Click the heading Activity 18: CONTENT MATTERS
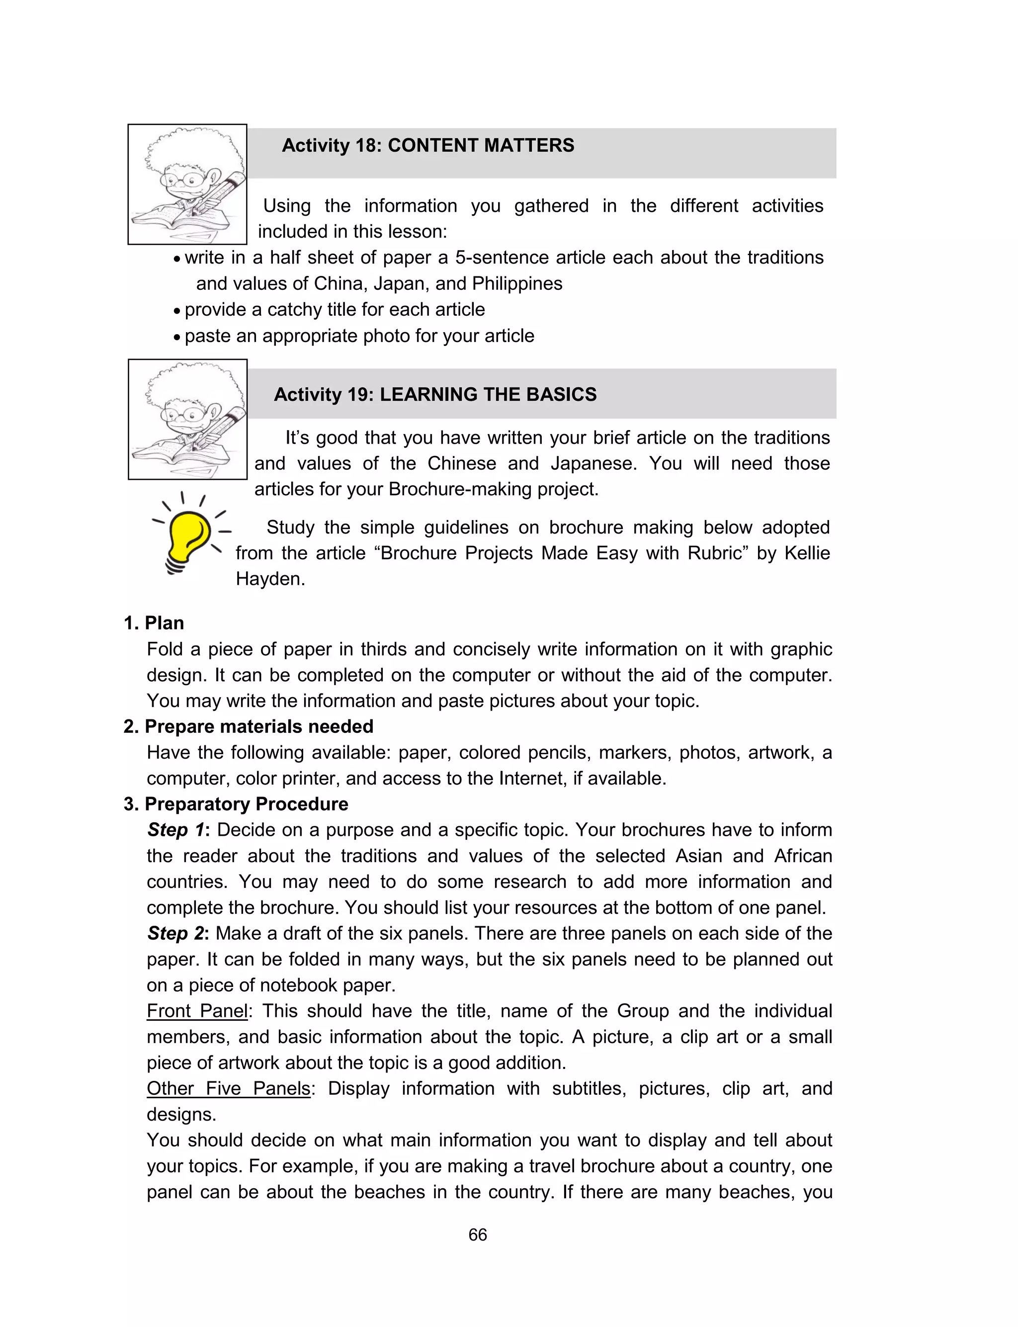point(428,145)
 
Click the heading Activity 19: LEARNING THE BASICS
point(435,394)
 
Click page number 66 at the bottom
point(478,1235)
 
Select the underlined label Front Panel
point(197,1011)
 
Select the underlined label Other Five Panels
point(229,1088)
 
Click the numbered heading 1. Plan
point(154,623)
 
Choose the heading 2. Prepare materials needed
point(249,726)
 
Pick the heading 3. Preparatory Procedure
point(236,803)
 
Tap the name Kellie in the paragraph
point(807,552)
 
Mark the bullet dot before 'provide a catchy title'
point(176,311)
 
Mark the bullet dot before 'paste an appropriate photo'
point(176,337)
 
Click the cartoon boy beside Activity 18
point(187,184)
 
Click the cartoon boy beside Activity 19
point(187,419)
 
